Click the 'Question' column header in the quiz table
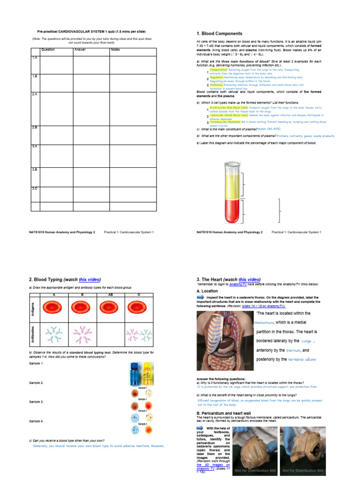pos(48,50)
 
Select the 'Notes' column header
pos(115,50)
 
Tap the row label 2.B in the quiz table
pos(35,127)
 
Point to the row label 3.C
pos(35,188)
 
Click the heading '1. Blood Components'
pos(219,34)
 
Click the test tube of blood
pos(232,192)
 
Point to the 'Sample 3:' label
pos(36,402)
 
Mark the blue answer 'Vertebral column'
pos(301,360)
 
